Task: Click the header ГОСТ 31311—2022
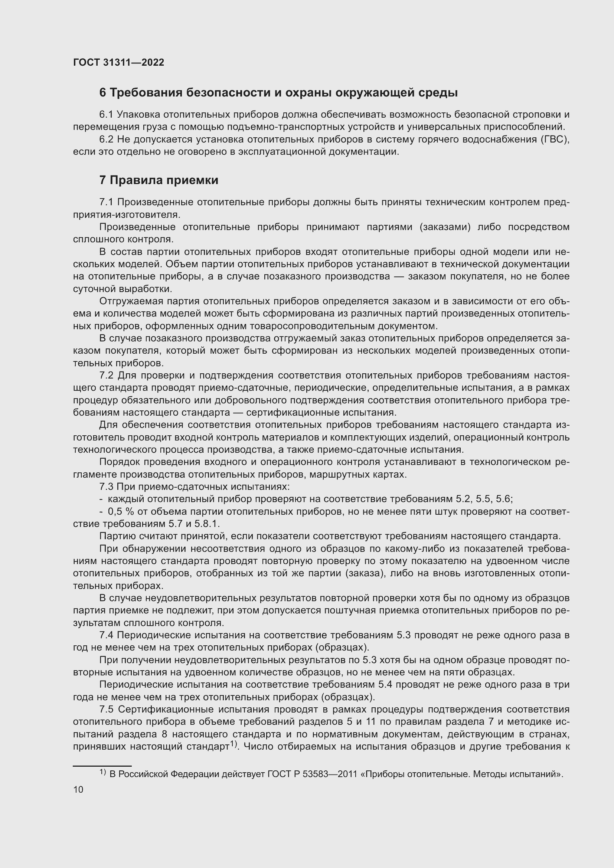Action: tap(118, 62)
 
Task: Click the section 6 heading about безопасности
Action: tap(278, 93)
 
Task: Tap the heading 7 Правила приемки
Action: tap(159, 180)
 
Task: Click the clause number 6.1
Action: tap(107, 115)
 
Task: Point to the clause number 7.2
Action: tap(107, 376)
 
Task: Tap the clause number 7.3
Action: tap(107, 487)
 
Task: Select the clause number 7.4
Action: tap(107, 635)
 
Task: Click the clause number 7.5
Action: tap(107, 709)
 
